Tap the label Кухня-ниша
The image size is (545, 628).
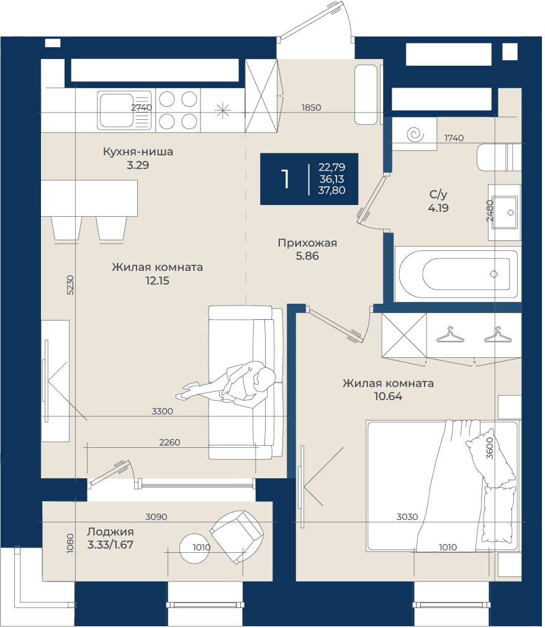[x=138, y=152]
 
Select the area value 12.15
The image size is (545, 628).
[x=157, y=281]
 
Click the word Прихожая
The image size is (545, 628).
[x=307, y=243]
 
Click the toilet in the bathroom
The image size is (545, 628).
[x=499, y=157]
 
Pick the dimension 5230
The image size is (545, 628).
[x=70, y=285]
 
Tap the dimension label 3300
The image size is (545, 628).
[x=163, y=411]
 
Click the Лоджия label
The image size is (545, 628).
[x=110, y=532]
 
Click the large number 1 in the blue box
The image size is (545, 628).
[x=285, y=179]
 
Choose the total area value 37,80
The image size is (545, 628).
[x=331, y=190]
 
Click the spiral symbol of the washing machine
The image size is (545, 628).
[x=415, y=135]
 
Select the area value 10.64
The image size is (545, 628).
[x=388, y=396]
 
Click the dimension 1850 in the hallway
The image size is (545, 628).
[x=312, y=107]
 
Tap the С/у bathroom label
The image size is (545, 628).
[x=438, y=194]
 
